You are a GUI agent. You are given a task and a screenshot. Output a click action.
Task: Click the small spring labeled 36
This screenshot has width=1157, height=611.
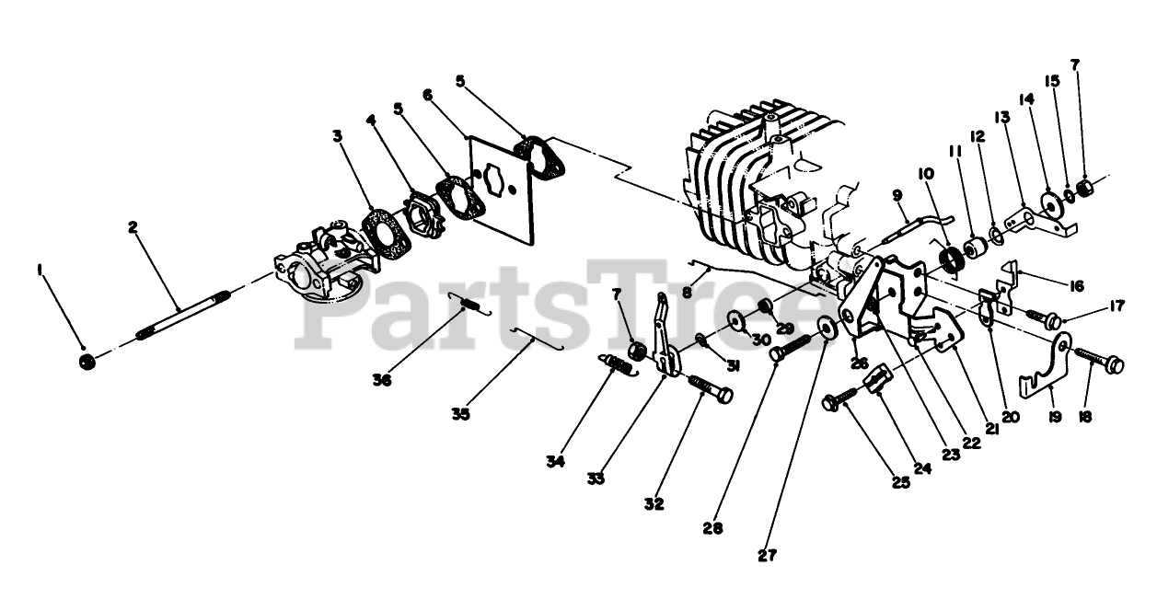point(471,304)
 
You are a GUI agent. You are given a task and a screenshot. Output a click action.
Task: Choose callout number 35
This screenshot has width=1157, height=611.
point(461,414)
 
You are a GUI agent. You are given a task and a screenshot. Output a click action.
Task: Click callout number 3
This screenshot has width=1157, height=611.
point(339,136)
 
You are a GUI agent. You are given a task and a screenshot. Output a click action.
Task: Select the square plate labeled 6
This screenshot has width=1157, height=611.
point(503,188)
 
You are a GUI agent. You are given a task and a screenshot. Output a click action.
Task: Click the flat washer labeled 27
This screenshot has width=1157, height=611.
point(824,326)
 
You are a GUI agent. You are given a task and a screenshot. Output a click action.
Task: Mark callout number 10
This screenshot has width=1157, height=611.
point(924,172)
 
